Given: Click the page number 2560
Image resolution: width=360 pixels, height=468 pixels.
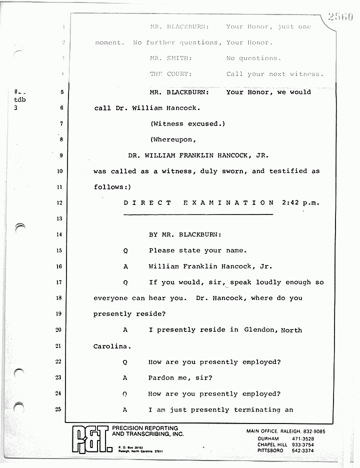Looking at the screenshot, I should pos(341,17).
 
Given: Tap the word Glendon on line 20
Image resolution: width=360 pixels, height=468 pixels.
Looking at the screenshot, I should pos(259,330).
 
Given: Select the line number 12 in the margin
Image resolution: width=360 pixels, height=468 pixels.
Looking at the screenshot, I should pos(59,203).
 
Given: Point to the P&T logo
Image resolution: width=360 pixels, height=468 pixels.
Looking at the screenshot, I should pos(90,439).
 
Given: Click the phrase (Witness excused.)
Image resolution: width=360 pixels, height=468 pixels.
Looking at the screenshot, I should pos(187,123).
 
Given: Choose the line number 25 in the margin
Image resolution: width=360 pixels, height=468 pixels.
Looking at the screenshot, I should pos(59,410).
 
